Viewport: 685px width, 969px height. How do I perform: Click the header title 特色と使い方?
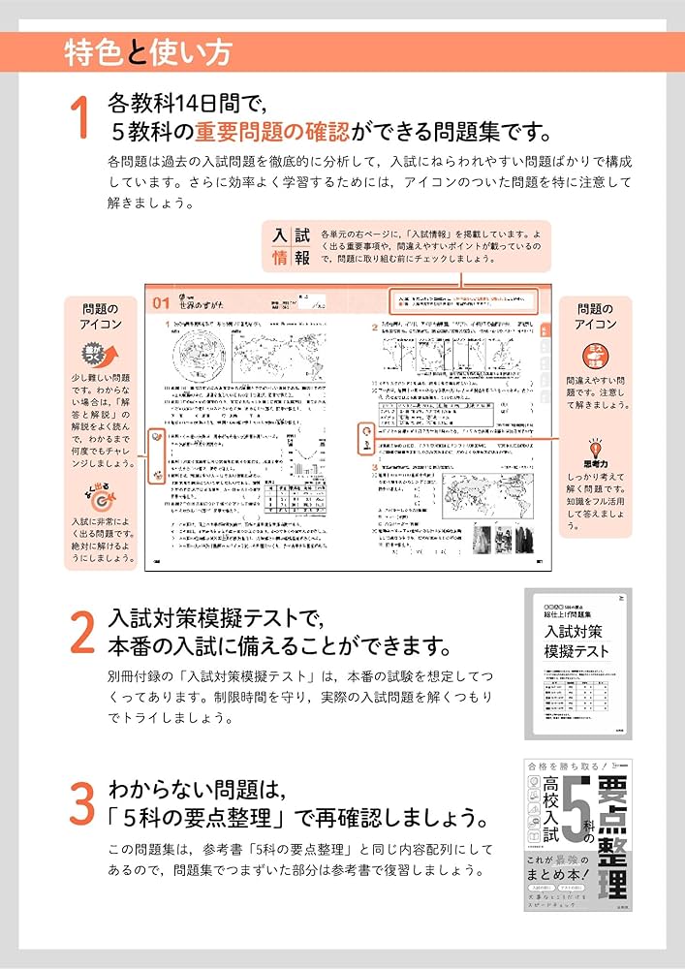147,51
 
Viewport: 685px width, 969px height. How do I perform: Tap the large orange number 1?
80,118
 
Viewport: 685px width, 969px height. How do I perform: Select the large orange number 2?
81,633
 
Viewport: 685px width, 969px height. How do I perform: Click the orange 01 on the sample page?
161,303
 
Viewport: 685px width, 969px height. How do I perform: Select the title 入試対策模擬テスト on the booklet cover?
576,641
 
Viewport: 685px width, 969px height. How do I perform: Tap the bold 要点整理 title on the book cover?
612,833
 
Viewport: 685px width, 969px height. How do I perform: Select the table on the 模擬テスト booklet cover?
577,696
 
